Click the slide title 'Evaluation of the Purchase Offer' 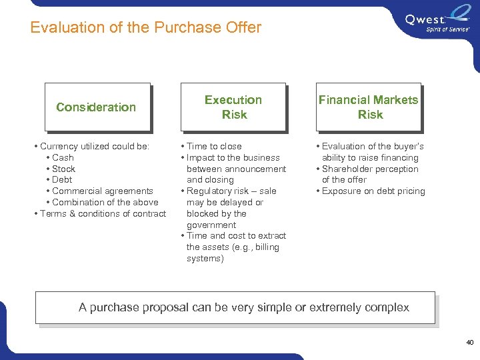(146, 27)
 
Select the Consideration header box (97, 107)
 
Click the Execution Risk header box (233, 107)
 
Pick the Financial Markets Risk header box (368, 107)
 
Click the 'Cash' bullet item (63, 157)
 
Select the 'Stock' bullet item (64, 169)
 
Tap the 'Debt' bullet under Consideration (62, 180)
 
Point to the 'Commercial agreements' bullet (102, 191)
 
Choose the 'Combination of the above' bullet (105, 203)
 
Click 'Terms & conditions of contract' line (103, 213)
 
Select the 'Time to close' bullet (214, 146)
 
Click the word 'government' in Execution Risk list (211, 225)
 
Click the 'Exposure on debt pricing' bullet (373, 191)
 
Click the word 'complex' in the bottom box (387, 307)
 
